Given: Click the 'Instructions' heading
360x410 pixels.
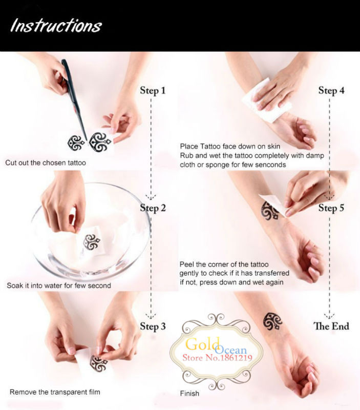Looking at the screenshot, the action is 56,26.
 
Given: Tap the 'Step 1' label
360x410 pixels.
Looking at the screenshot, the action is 153,91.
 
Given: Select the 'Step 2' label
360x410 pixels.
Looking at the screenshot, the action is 153,208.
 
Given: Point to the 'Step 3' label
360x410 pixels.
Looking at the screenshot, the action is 153,326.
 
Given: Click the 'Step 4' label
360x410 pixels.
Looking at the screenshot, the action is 331,91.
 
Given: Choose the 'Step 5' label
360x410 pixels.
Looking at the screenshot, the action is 331,208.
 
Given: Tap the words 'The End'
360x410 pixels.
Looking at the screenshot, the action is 331,326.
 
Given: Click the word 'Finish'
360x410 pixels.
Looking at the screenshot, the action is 189,393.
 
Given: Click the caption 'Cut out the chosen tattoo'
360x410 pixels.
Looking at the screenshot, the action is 46,162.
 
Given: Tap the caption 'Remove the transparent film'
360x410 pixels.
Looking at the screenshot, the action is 55,392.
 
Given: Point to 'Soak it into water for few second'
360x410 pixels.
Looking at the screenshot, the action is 59,285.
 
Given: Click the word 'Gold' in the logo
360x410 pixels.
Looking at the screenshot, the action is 202,344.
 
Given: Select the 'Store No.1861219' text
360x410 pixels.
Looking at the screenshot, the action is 217,357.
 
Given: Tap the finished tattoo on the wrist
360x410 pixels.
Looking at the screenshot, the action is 272,321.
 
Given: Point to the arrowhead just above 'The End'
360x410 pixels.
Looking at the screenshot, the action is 329,316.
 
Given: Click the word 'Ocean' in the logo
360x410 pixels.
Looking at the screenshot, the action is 231,350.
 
